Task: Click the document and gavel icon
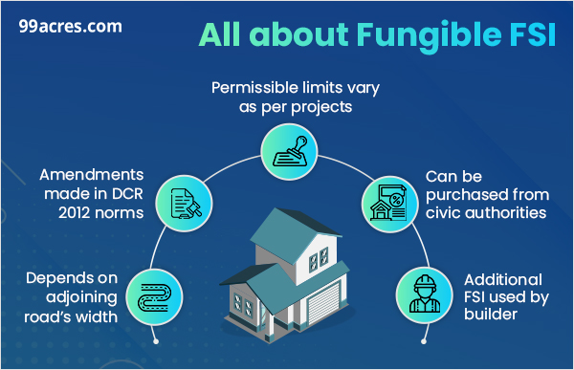coord(181,200)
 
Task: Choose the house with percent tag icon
coord(392,200)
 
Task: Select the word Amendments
coord(92,176)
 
